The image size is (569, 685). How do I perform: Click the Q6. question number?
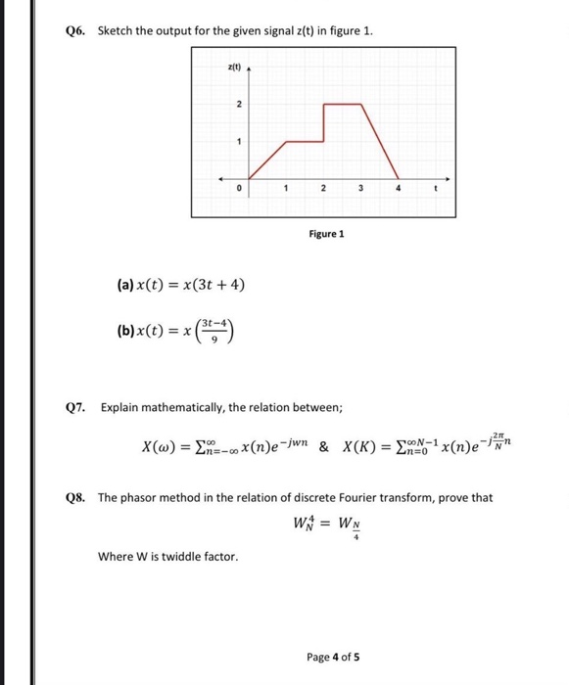click(x=77, y=30)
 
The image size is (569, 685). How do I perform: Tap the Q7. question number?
click(x=77, y=406)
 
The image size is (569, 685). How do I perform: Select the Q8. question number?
click(x=77, y=497)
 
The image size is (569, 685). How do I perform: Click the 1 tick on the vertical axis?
click(x=236, y=141)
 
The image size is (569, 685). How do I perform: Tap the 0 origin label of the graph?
click(x=236, y=187)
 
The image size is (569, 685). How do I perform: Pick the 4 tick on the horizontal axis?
click(x=397, y=187)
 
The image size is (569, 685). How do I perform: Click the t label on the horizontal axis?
click(x=434, y=187)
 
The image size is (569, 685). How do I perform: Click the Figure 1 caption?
click(x=327, y=234)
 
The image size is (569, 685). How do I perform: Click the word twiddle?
click(x=183, y=557)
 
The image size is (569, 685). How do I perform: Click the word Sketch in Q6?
click(x=117, y=30)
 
